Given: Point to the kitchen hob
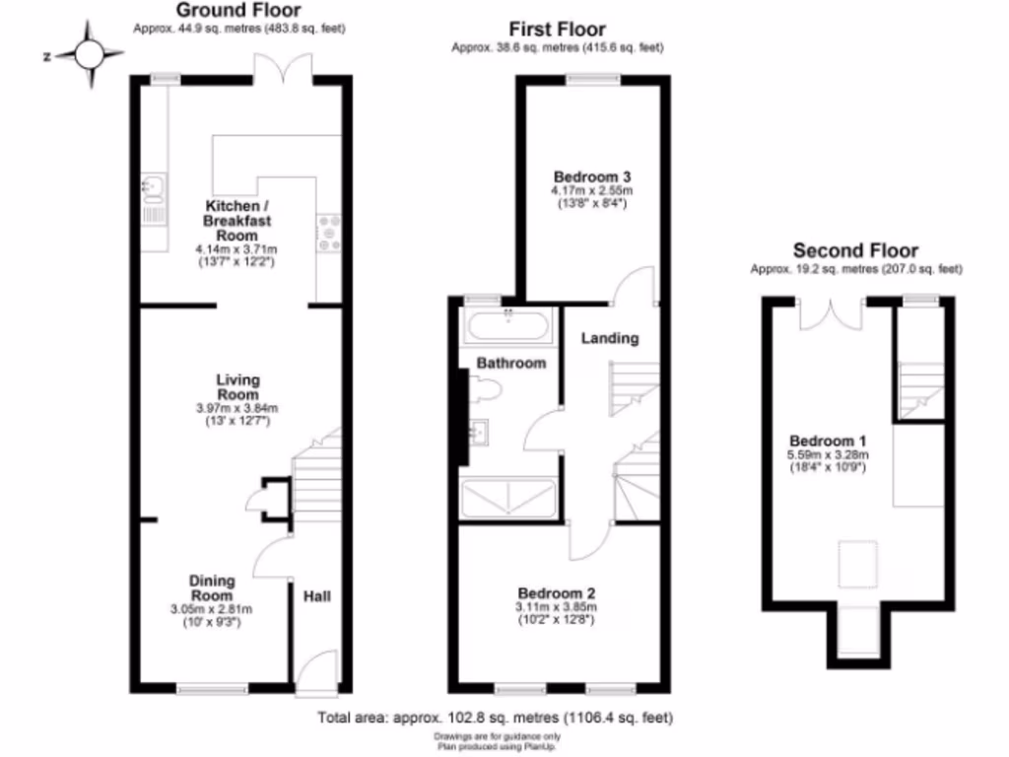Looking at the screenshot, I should click(x=327, y=232).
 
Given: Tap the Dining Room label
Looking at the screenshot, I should click(x=212, y=588).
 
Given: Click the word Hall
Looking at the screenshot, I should click(x=317, y=596).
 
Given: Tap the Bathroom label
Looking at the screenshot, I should click(x=511, y=363).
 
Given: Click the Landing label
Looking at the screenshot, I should click(x=610, y=338).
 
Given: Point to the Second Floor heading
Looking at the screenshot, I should click(x=855, y=250).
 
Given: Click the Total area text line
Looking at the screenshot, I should click(x=495, y=718).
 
